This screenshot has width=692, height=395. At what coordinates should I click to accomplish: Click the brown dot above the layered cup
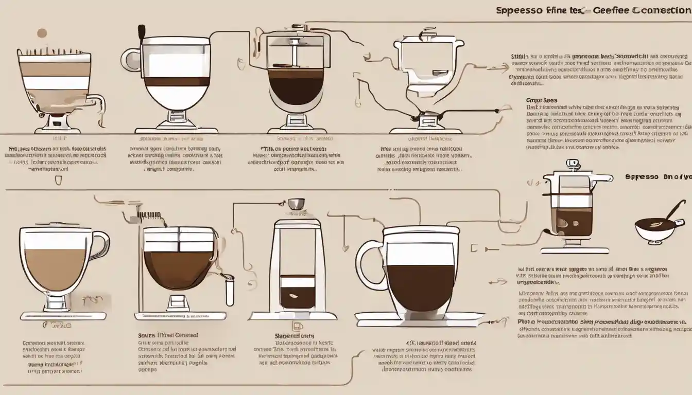click(x=41, y=33)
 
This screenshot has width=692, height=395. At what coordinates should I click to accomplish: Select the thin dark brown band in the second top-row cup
click(x=178, y=82)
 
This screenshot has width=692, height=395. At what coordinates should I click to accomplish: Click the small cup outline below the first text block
click(x=58, y=180)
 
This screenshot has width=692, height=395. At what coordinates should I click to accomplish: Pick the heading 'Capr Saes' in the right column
click(x=541, y=100)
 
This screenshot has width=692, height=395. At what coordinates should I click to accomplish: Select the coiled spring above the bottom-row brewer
click(x=149, y=214)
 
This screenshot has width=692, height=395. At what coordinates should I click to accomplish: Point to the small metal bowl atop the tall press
click(x=296, y=204)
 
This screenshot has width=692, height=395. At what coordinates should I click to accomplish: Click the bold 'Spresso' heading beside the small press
click(x=642, y=176)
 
